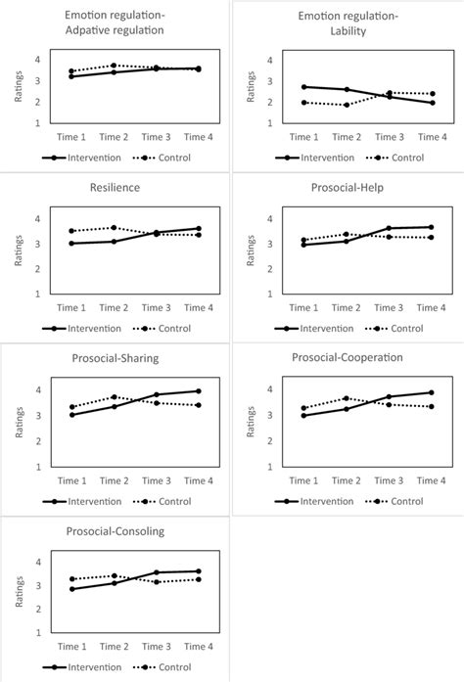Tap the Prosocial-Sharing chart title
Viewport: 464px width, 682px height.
tap(115, 358)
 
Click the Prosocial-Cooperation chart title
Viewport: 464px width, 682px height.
tap(347, 357)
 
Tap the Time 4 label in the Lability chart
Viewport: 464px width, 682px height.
tap(431, 137)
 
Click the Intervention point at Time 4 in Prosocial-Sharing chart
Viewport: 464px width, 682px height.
tap(199, 390)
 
